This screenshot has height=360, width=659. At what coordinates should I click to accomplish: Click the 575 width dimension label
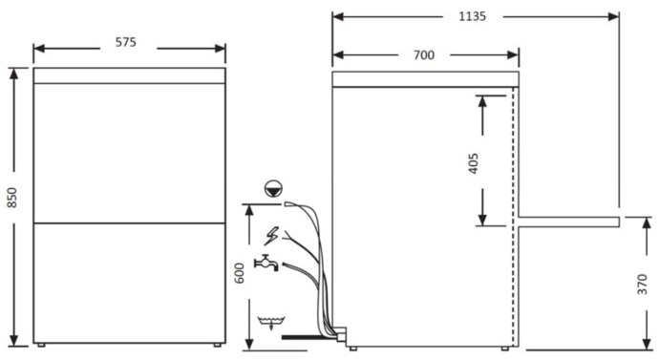[x=126, y=42]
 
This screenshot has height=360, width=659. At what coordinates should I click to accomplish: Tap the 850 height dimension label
[x=11, y=198]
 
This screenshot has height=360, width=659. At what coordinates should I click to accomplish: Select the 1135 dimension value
[x=473, y=16]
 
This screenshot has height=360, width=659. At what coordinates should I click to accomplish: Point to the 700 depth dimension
[x=424, y=55]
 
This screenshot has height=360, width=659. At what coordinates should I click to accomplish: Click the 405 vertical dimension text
[x=473, y=163]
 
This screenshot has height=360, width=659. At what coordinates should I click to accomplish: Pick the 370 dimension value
[x=642, y=284]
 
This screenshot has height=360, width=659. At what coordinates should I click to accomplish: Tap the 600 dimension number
[x=239, y=273]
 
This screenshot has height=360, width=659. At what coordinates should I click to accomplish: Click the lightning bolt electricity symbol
[x=271, y=236]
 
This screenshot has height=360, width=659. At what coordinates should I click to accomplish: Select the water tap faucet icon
[x=266, y=263]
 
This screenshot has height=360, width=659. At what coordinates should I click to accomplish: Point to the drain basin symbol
[x=271, y=323]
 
